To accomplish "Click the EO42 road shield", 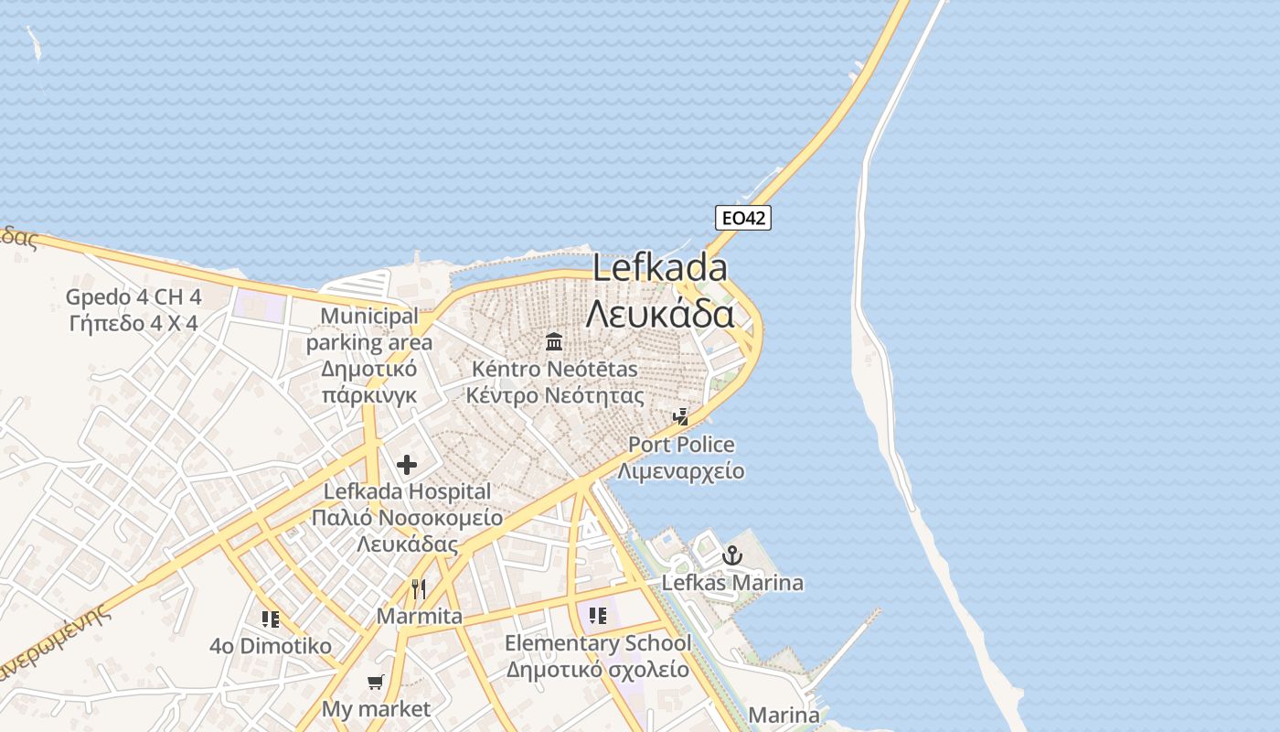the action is (x=742, y=218).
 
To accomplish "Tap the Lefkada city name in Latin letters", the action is (x=660, y=268).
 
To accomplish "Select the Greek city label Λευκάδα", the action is (x=660, y=314).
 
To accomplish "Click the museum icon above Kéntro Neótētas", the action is (x=554, y=342).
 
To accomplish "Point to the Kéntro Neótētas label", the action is (x=554, y=370).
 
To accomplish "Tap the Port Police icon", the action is (x=680, y=417).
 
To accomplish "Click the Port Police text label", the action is (x=681, y=446).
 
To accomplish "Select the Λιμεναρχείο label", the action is (x=681, y=472).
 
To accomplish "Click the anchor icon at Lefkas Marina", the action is (x=731, y=555).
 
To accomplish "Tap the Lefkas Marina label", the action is (x=732, y=583).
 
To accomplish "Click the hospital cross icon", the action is (x=407, y=465).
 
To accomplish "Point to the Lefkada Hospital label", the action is (x=408, y=492).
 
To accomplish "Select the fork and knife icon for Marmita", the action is (x=419, y=588).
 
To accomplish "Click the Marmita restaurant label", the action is (x=420, y=617).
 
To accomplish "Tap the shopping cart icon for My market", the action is (x=375, y=682).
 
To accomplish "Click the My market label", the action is (x=376, y=709).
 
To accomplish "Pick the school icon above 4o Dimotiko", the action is (x=270, y=619).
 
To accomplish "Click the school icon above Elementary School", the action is (x=598, y=616).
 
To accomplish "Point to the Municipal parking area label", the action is (x=369, y=329).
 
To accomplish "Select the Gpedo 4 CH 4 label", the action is (x=133, y=297).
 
